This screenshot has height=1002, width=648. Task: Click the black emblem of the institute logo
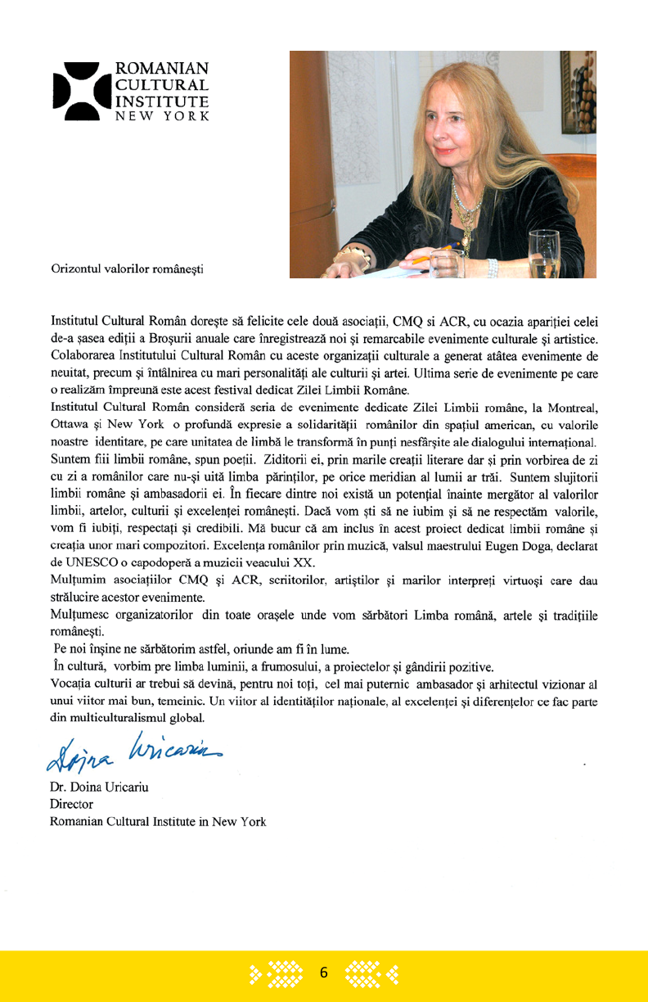click(81, 91)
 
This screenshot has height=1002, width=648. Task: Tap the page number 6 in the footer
click(323, 973)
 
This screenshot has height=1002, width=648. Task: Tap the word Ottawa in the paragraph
click(71, 424)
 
